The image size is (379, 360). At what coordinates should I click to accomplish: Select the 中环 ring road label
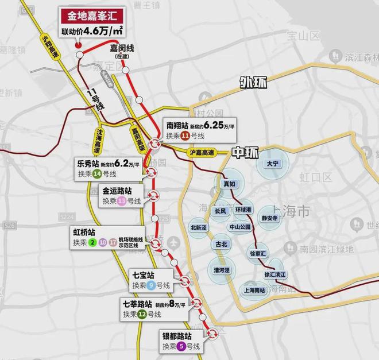(x=244, y=153)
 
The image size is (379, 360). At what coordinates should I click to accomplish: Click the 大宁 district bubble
(x=272, y=164)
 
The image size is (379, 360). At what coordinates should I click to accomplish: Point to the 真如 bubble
(x=229, y=184)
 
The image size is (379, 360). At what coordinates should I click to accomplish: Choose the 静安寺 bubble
(x=269, y=218)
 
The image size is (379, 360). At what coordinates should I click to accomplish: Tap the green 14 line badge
(x=96, y=173)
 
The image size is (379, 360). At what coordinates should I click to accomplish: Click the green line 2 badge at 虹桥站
(x=91, y=243)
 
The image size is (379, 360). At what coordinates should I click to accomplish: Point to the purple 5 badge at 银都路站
(x=181, y=346)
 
